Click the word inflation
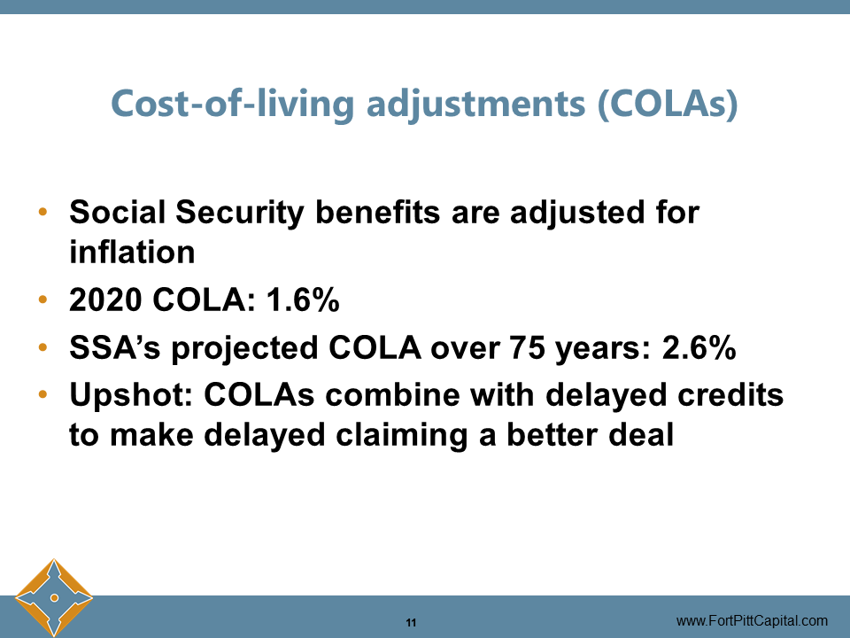tap(132, 253)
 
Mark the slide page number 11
tap(411, 621)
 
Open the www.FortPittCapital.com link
tap(752, 620)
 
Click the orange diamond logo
tap(54, 596)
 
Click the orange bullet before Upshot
tap(42, 394)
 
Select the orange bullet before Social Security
tap(42, 214)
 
